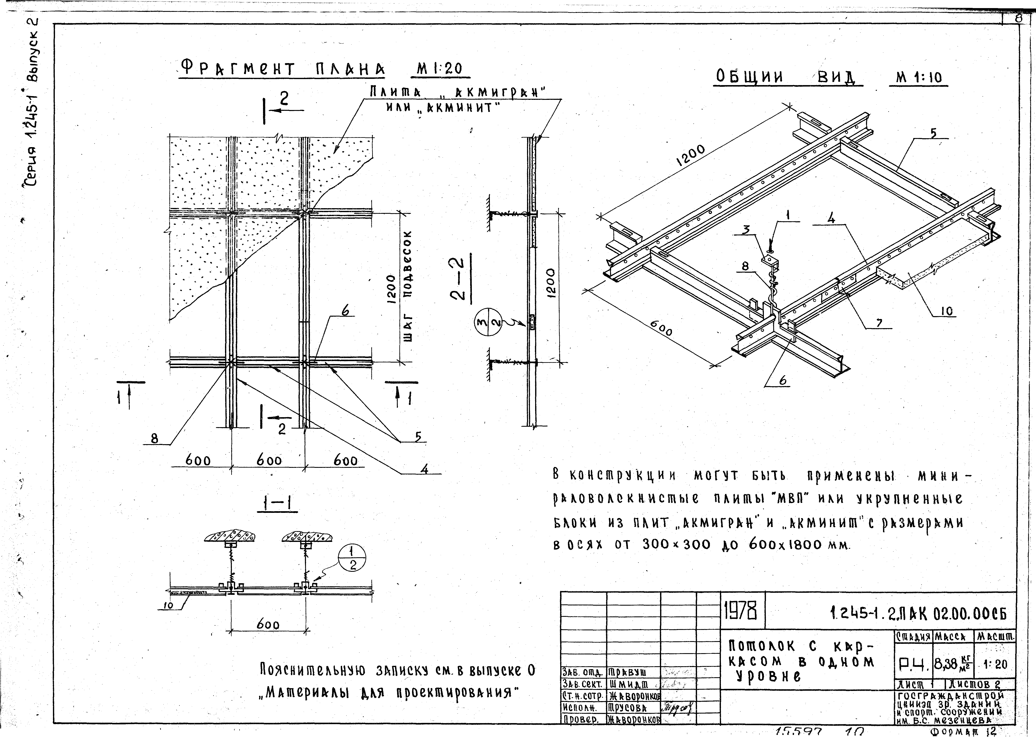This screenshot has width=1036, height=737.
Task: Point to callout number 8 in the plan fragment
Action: pos(155,439)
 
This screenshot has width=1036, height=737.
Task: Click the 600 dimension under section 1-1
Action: pos(268,625)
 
